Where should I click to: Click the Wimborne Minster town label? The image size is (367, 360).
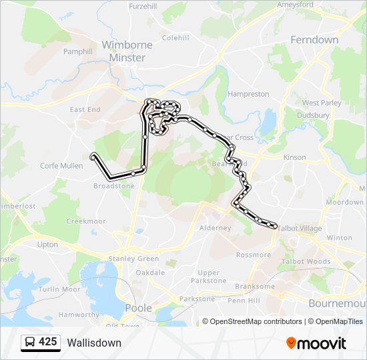127,51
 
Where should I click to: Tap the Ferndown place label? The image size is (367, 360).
314,40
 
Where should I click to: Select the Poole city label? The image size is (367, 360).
139,308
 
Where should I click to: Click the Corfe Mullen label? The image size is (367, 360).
62,166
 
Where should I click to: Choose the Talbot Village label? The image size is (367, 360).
299,229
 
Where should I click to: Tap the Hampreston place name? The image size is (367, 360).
248,95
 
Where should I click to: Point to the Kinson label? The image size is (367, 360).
294,157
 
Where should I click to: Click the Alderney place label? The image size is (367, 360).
216,228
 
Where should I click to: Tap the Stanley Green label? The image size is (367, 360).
133,259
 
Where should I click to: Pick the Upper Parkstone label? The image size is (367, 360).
208,277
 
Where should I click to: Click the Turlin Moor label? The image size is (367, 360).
59,289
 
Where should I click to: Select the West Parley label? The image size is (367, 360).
322,103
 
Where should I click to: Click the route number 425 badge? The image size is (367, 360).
48,342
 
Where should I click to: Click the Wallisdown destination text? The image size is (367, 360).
94,343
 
